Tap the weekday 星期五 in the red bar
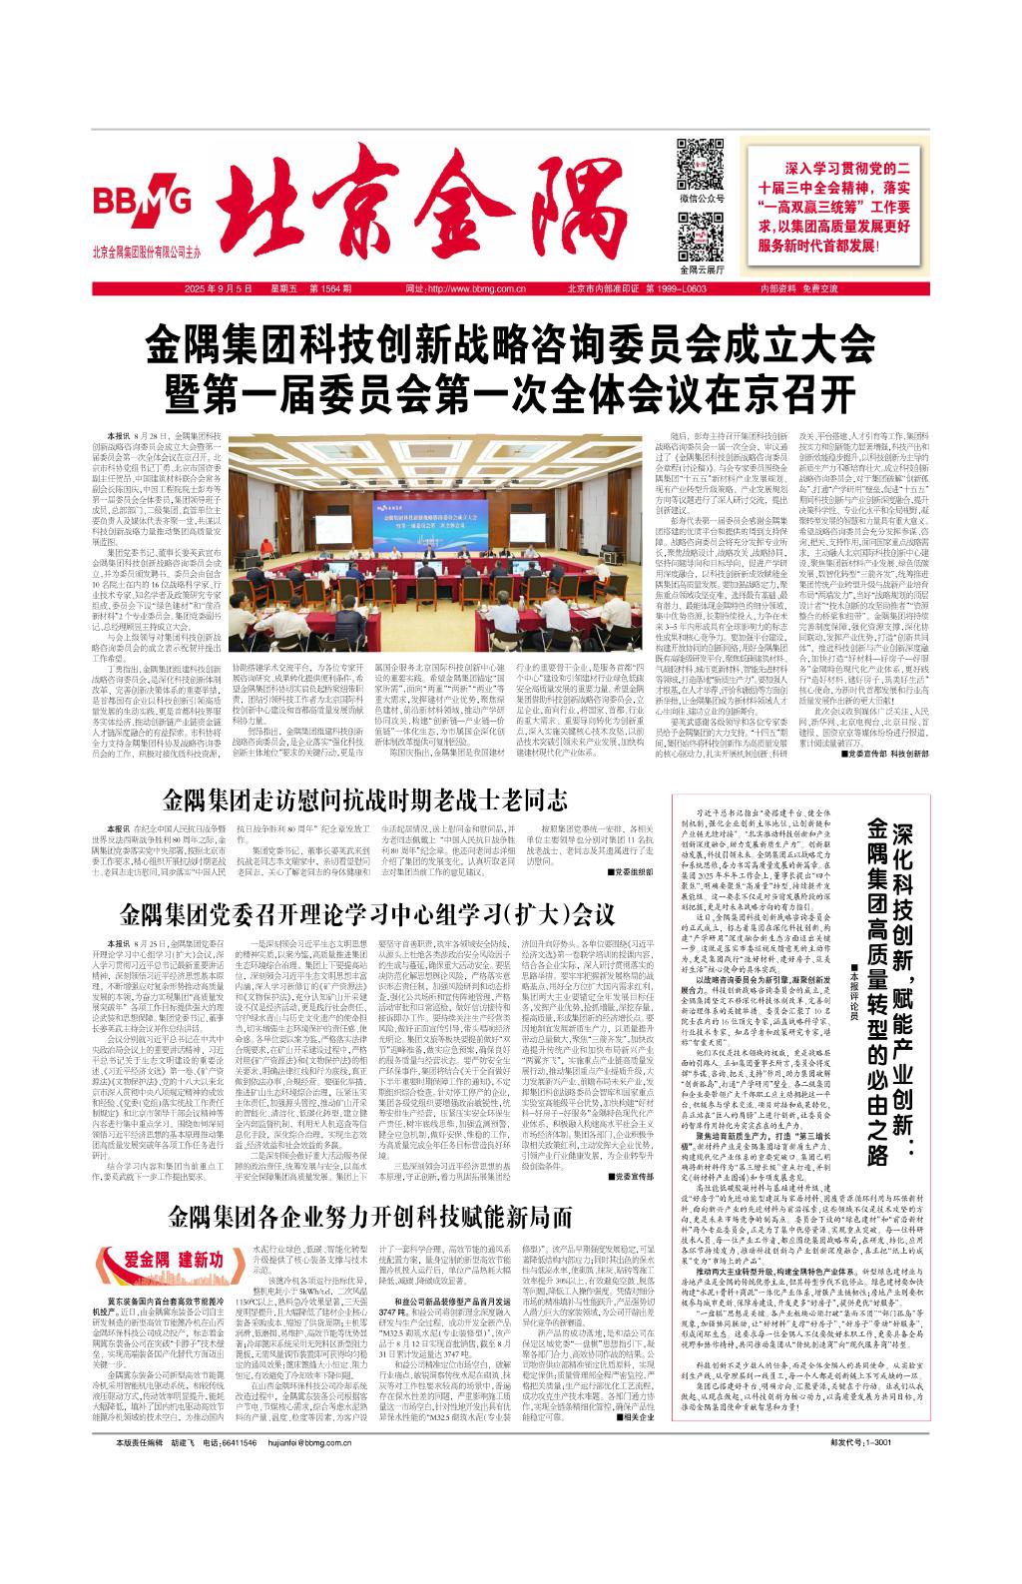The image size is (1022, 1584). [267, 288]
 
